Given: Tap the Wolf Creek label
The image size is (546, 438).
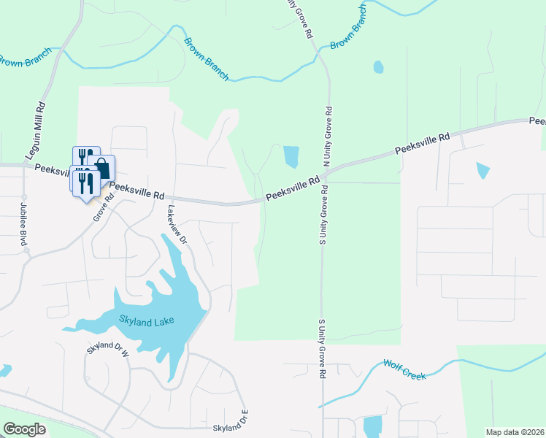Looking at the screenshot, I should pos(404,369).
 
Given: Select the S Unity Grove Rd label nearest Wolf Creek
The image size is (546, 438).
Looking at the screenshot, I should pos(321,349).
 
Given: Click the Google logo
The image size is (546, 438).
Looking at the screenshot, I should pos(25,429).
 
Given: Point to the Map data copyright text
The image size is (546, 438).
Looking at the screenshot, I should pos(515,432).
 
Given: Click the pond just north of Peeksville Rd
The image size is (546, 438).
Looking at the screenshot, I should pos(291,156).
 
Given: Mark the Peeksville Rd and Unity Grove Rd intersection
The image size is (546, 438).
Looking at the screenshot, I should pos(326,174).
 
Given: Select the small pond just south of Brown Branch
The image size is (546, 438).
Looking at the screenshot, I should pos(378,67).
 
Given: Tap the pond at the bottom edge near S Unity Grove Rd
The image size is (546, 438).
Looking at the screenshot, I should pos(372,426).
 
